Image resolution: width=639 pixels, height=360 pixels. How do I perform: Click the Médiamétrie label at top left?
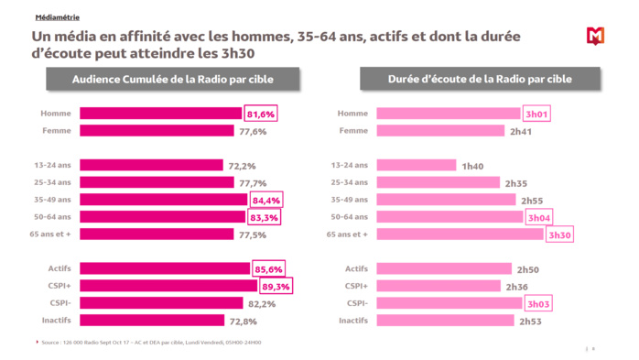pyautogui.click(x=56, y=16)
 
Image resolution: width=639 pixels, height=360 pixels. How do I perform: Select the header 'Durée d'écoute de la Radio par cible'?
pyautogui.click(x=479, y=80)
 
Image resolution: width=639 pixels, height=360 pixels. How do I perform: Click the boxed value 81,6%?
pyautogui.click(x=260, y=114)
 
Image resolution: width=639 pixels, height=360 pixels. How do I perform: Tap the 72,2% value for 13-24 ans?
pyautogui.click(x=241, y=166)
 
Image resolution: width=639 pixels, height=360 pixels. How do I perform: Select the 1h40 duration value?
pyautogui.click(x=471, y=166)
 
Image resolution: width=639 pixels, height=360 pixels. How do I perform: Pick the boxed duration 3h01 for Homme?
pyautogui.click(x=536, y=114)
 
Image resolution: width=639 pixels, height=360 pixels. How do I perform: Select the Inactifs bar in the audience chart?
pyautogui.click(x=152, y=321)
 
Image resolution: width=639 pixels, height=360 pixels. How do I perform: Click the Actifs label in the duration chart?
pyautogui.click(x=357, y=268)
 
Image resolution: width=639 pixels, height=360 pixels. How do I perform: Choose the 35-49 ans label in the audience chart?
pyautogui.click(x=56, y=200)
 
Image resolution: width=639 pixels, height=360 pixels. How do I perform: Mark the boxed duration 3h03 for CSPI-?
pyautogui.click(x=536, y=303)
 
